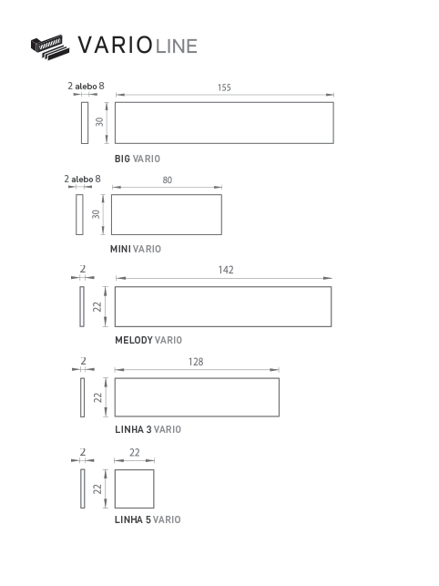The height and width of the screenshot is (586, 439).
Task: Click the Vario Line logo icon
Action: pos(50,47)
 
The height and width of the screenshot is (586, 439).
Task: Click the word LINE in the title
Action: pos(177,46)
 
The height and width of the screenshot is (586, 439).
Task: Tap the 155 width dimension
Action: pos(224,87)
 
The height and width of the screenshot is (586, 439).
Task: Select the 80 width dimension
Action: pos(168,180)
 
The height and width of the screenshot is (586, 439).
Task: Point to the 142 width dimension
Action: pos(226,270)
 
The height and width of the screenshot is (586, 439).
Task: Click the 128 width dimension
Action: pos(196,362)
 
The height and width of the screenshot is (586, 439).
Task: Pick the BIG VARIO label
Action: pos(138,159)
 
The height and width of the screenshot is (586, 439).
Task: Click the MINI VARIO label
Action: pos(136,249)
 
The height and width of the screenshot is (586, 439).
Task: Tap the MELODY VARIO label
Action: pos(148,340)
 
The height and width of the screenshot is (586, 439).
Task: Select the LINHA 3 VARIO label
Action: pos(148,429)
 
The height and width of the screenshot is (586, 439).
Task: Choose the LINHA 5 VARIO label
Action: pos(148,519)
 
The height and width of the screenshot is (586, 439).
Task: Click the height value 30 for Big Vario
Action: pos(99,122)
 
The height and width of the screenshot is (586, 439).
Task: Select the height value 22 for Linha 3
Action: pos(97,397)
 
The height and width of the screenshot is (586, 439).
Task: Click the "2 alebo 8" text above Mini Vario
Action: pos(83,179)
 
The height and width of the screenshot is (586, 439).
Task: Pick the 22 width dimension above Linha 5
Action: pos(135,453)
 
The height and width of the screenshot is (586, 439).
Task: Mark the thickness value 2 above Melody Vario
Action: pos(83,269)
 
